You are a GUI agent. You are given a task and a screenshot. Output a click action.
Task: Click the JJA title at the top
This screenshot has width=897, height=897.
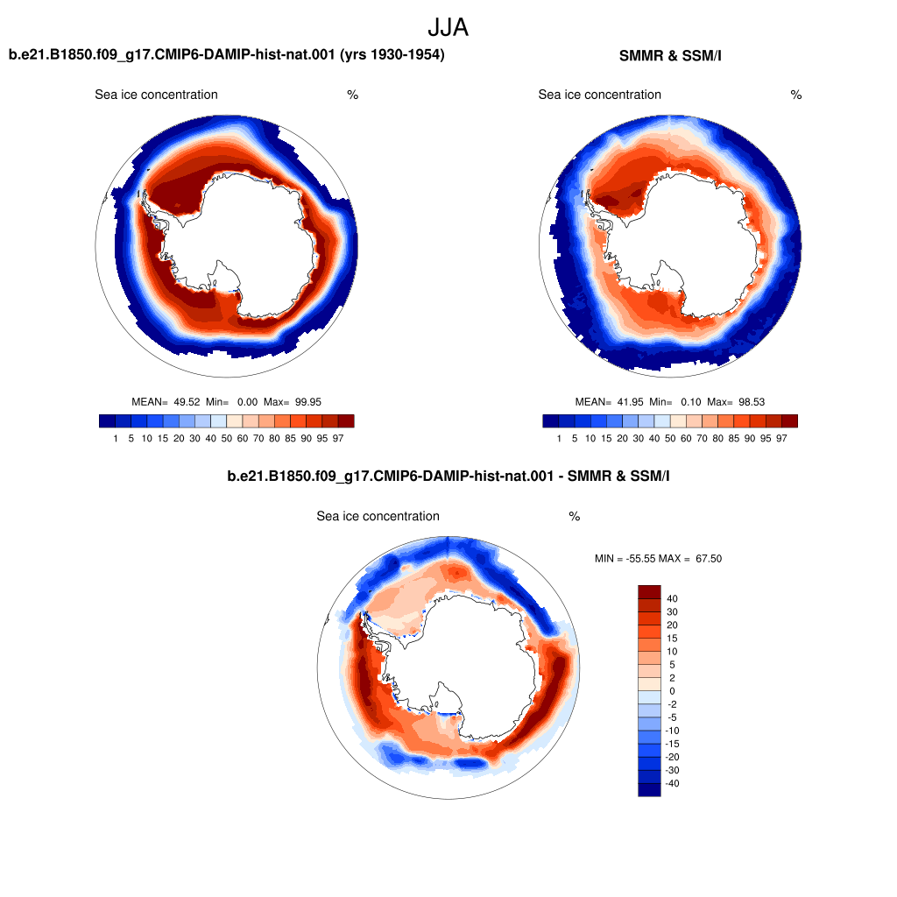point(448,27)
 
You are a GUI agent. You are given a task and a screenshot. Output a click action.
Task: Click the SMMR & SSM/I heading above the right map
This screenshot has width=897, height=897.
point(670,55)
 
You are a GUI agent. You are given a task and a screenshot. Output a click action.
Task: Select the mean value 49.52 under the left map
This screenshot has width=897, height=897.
point(187,402)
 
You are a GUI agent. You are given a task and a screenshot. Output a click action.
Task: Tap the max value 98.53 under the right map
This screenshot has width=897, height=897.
point(752,402)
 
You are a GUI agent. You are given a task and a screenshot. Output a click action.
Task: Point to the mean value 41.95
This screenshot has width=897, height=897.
point(631,402)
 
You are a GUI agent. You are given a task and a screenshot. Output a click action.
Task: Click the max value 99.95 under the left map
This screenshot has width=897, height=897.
point(308,402)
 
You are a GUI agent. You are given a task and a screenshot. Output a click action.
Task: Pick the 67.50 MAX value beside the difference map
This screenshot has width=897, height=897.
point(709,558)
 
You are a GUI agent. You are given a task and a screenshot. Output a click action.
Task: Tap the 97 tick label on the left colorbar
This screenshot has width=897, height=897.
point(338,438)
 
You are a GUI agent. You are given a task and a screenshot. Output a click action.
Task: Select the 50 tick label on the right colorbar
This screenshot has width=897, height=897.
point(670,438)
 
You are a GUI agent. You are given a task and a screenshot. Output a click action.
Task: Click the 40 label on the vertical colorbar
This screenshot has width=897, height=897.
point(672,598)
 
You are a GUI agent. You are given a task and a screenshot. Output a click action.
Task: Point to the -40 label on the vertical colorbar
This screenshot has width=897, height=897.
point(672,783)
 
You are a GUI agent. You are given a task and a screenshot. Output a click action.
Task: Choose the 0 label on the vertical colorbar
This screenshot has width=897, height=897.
point(672,691)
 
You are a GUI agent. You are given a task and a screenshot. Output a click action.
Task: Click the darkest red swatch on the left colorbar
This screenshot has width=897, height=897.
point(346,421)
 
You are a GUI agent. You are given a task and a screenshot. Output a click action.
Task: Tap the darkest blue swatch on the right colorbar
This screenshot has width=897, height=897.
point(550,421)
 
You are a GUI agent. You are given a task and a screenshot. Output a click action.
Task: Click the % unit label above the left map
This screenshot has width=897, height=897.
point(352,95)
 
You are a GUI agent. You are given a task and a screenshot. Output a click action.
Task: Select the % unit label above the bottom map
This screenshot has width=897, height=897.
point(575,517)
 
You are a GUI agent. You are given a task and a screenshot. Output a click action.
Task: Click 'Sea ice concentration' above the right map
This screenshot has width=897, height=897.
point(599,95)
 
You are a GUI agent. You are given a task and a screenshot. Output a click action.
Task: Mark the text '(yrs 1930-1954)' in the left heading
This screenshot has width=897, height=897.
point(392,54)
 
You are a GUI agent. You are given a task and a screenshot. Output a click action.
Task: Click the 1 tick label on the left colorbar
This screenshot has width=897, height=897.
point(116,438)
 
